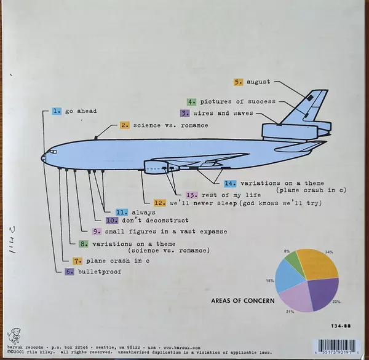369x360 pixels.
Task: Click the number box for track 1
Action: (58, 111)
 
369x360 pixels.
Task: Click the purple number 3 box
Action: (184, 114)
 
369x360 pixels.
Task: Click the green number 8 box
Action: (84, 243)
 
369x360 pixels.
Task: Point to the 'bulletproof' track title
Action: (98, 271)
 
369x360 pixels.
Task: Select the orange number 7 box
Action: (77, 261)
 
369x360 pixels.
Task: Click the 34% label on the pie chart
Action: (330, 252)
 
